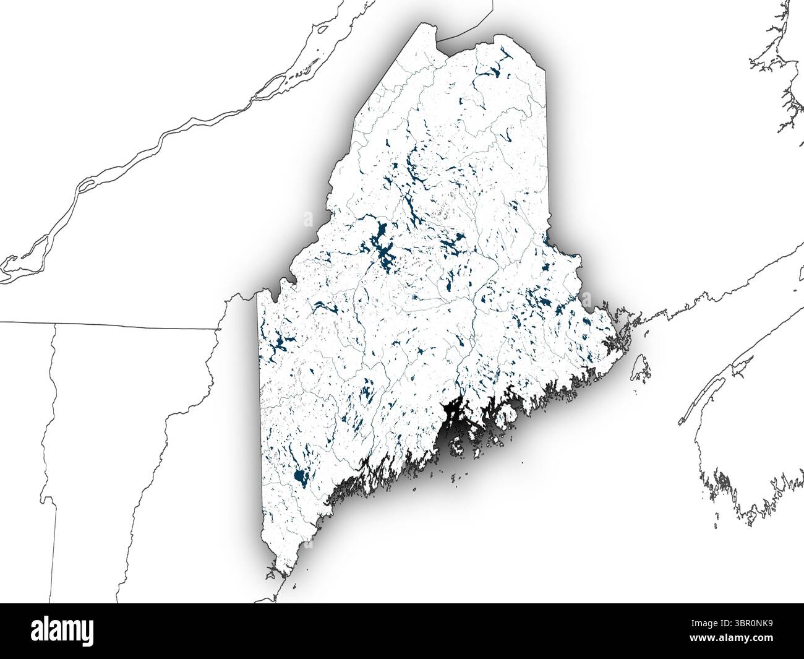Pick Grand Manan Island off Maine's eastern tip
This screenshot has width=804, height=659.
point(641,368)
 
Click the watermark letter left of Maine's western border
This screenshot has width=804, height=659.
point(307,218)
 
